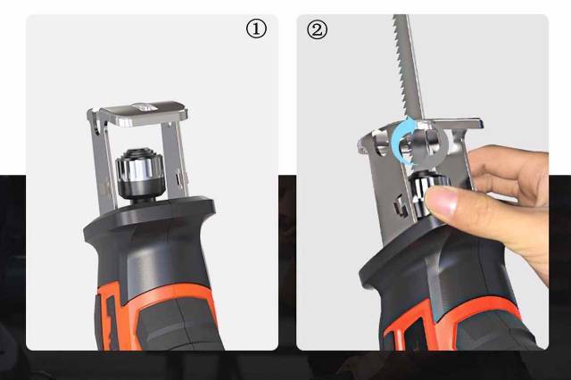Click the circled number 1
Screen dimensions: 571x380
click(256, 29)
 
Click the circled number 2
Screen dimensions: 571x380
click(317, 29)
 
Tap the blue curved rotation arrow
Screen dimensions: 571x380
click(401, 142)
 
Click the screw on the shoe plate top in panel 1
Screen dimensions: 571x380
click(145, 107)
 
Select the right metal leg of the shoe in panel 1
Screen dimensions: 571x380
click(175, 161)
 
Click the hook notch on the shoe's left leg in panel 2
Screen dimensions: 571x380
click(400, 206)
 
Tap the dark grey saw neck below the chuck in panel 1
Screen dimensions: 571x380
click(149, 226)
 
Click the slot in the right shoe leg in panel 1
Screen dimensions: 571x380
click(178, 178)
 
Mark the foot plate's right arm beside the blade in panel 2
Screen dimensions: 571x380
click(458, 123)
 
